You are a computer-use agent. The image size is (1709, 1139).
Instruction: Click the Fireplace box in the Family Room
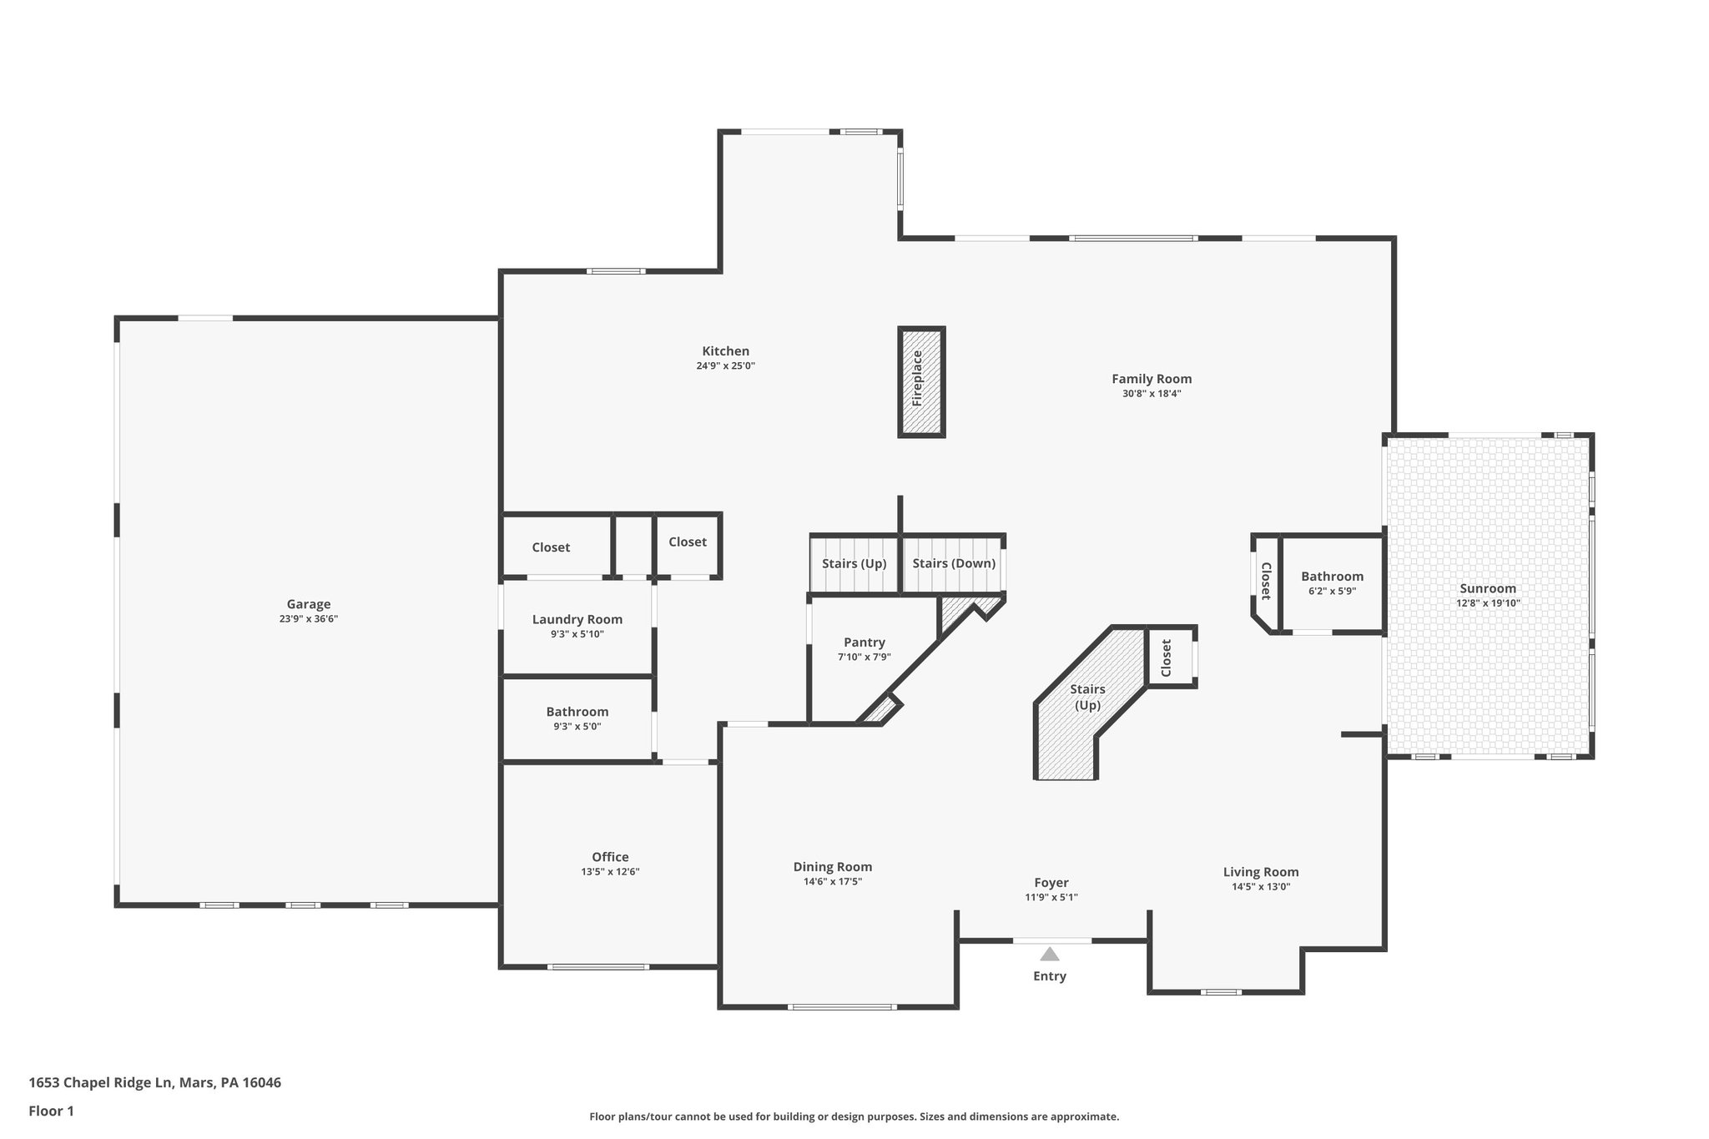pos(921,381)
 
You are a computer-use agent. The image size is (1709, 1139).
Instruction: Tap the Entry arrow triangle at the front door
pos(1049,954)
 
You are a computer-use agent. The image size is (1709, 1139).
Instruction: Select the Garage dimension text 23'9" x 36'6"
pos(308,619)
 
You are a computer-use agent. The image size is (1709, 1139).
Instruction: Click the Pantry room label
pos(864,642)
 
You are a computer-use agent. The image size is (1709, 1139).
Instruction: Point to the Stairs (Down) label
pos(953,563)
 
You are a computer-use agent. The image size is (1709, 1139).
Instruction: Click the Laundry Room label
pos(577,619)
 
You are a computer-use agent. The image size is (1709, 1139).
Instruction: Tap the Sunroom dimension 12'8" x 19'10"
pos(1488,603)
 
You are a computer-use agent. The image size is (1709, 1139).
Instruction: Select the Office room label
pos(610,857)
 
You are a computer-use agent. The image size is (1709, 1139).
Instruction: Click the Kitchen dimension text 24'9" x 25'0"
pos(725,365)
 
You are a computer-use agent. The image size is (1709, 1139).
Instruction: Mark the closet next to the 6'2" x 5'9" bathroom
pos(1265,581)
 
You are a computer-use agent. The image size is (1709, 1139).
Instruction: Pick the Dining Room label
pos(832,867)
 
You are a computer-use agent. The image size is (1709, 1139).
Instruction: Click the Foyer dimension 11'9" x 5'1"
pos(1051,898)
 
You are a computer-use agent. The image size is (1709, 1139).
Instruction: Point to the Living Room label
pos(1260,872)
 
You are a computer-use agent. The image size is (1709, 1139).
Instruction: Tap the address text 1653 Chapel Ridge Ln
pos(154,1083)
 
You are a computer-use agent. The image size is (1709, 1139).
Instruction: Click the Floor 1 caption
pos(51,1111)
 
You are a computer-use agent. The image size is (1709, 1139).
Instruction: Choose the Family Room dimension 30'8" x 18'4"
pos(1151,394)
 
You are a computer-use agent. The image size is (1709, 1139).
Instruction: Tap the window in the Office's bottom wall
pos(597,967)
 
